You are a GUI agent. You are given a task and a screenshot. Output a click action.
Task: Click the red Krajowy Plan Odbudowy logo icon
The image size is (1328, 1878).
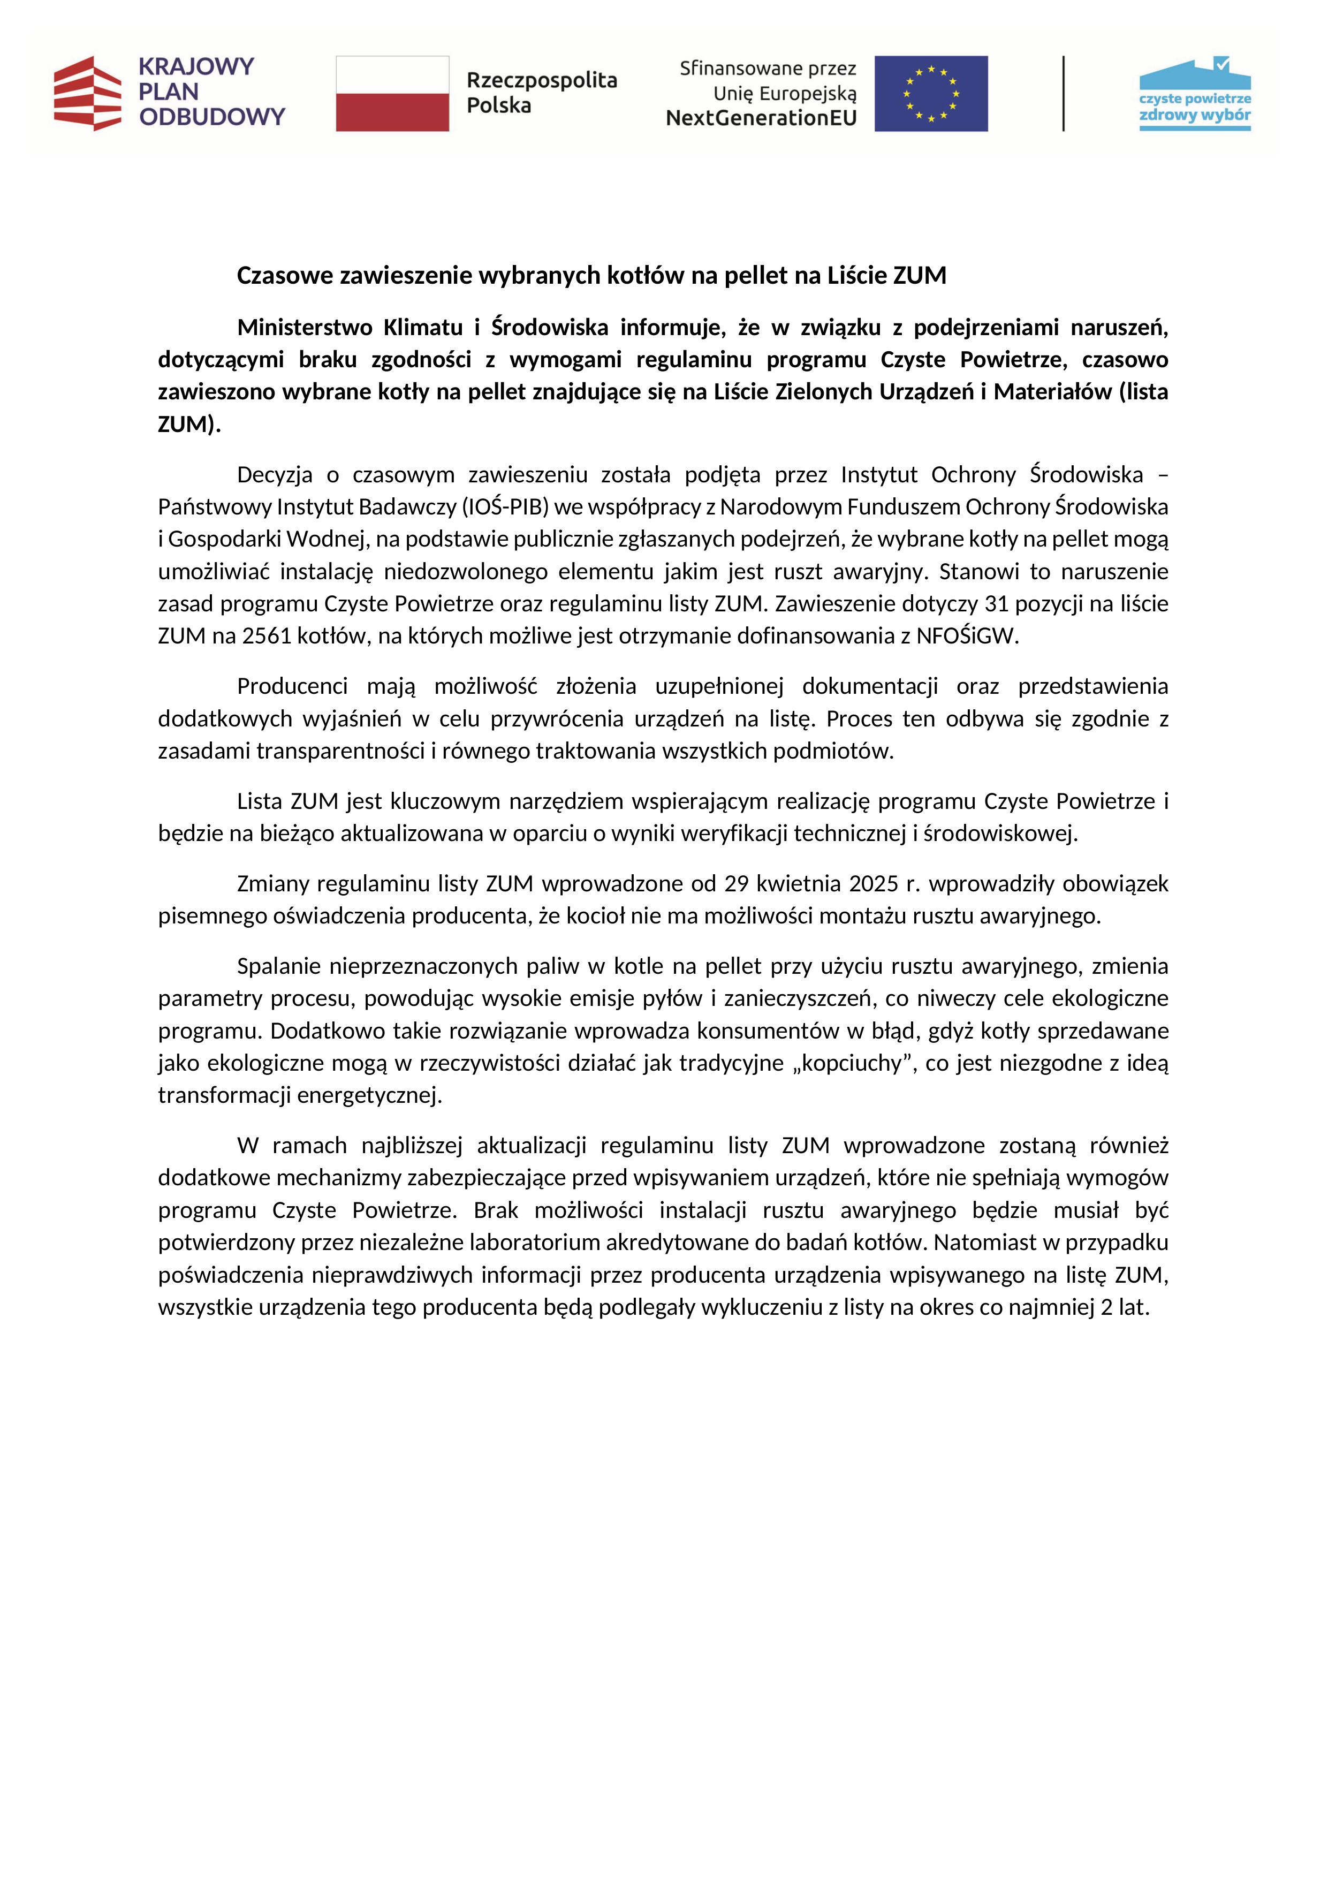[x=87, y=93]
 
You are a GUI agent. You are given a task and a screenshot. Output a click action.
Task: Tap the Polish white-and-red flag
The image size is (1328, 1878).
[x=392, y=93]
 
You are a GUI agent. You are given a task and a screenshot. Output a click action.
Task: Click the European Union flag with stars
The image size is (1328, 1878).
[x=931, y=93]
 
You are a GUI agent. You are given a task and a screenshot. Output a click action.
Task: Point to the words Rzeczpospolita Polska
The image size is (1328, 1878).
[x=541, y=93]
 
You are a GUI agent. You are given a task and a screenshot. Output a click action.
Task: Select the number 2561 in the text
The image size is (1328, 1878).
[x=267, y=637]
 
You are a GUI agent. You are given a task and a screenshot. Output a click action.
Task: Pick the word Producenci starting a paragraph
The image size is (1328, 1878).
[x=292, y=686]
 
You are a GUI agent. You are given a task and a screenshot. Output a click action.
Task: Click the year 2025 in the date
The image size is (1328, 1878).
[x=874, y=884]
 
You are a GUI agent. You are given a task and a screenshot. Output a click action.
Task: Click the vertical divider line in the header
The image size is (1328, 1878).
[x=1063, y=93]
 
